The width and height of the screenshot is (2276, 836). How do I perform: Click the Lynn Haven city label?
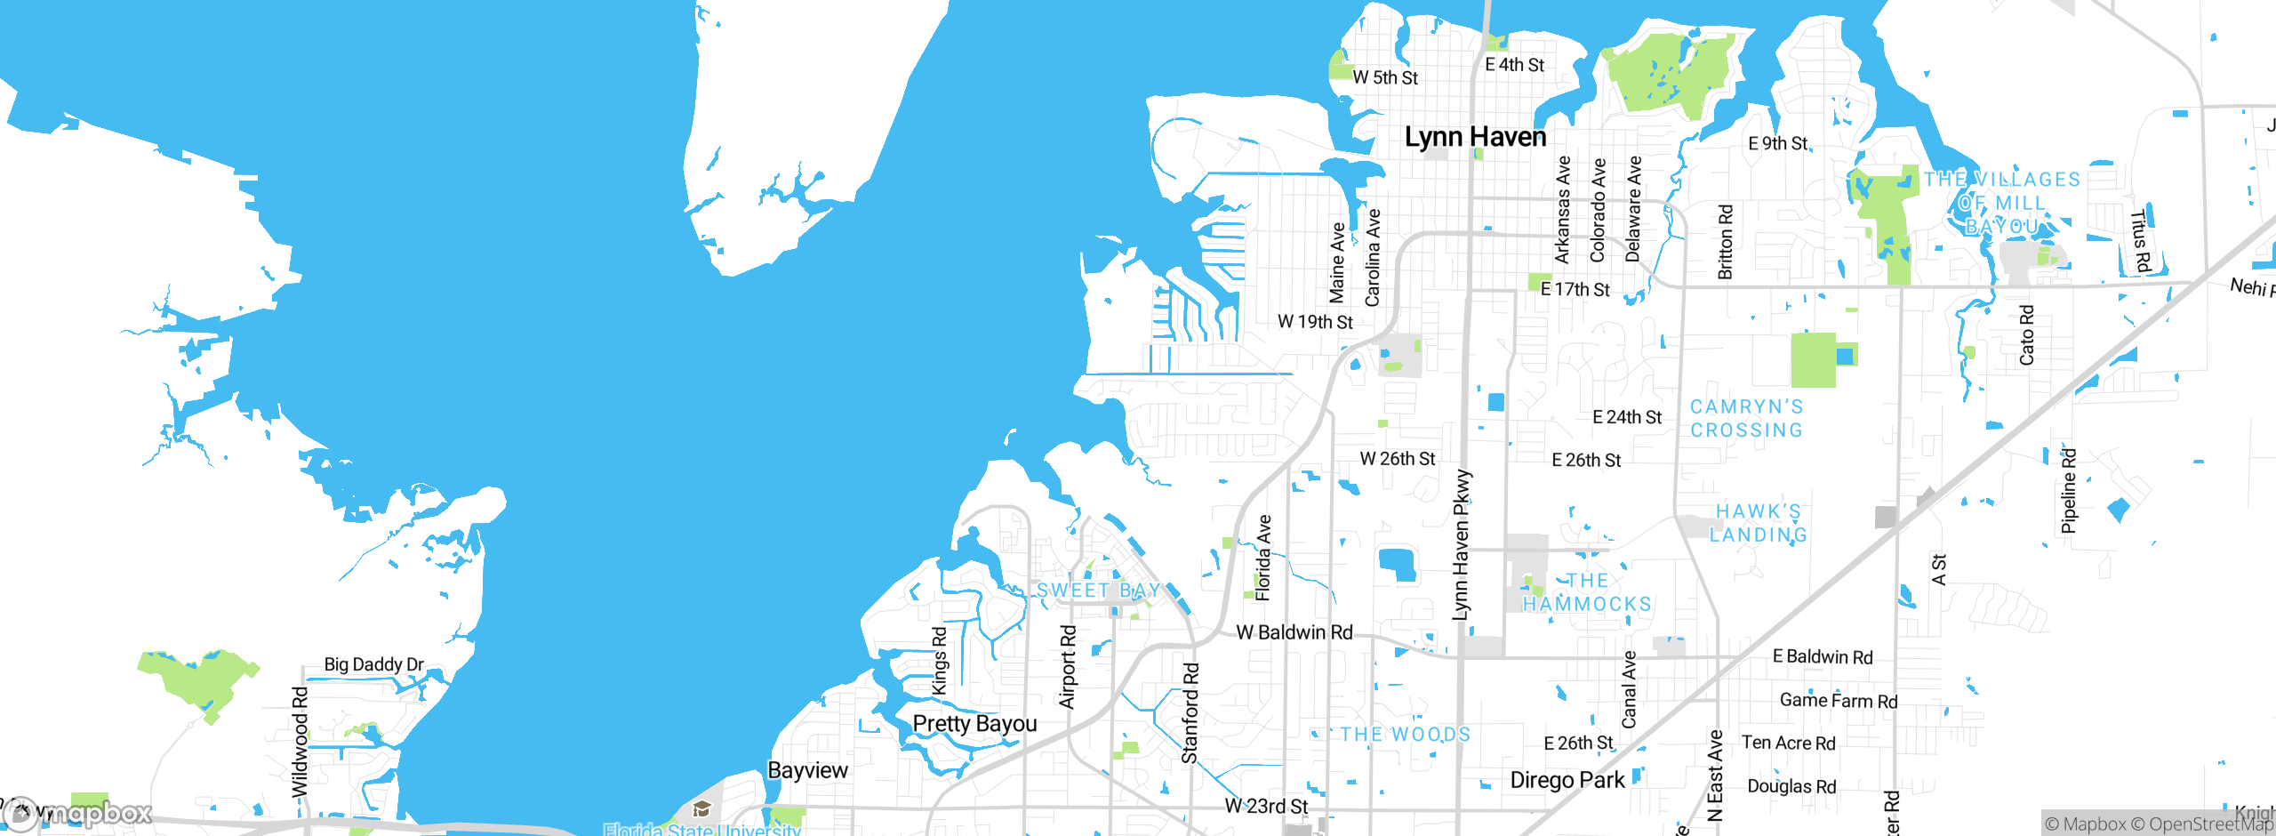point(1475,137)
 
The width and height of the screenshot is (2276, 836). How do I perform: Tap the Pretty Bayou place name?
point(974,723)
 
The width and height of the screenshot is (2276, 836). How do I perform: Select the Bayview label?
point(807,770)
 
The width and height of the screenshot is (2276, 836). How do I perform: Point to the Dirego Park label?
point(1567,780)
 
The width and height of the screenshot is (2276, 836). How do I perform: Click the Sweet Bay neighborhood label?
point(1098,591)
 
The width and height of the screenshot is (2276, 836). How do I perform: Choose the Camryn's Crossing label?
point(1746,418)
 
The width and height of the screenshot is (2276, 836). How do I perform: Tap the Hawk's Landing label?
point(1758,523)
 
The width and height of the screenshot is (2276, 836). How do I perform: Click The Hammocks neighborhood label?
point(1587,592)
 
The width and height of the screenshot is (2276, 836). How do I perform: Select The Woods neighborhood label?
point(1405,734)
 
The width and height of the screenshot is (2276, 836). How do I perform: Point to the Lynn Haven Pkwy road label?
point(1461,544)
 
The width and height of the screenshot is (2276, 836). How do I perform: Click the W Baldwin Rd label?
point(1294,632)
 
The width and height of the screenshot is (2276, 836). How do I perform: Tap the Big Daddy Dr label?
point(373,664)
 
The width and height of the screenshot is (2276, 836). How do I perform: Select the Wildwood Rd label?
point(301,741)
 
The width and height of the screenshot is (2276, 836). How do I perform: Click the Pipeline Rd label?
point(2069,491)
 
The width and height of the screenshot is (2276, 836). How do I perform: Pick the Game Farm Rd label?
point(1838,701)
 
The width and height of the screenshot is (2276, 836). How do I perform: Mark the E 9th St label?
point(1777,143)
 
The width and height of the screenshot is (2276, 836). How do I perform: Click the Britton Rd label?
point(1726,242)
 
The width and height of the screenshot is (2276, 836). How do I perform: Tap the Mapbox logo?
point(78,813)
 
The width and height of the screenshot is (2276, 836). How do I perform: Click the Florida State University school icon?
point(701,808)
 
